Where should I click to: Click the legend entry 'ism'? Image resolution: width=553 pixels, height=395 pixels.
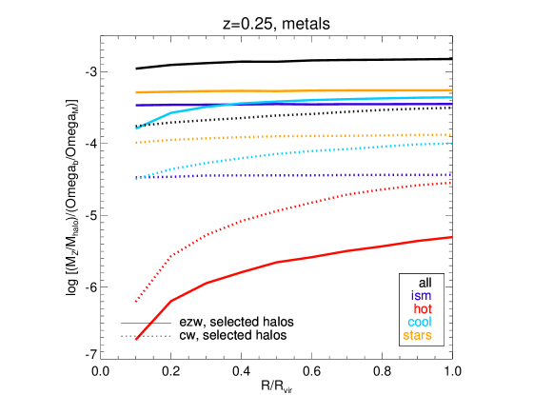pos(421,296)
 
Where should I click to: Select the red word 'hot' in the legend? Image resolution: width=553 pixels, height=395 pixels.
pos(423,309)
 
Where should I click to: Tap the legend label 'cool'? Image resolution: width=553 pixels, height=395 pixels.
pos(420,323)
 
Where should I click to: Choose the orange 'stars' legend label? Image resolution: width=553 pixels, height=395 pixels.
pos(418,335)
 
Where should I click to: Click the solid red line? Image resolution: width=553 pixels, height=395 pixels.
pos(314,256)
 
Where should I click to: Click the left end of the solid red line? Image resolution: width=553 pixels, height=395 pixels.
pos(136,339)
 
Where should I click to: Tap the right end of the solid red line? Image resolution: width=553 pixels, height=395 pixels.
pos(451,237)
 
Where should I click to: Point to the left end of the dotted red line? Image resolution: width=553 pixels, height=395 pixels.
pos(136,302)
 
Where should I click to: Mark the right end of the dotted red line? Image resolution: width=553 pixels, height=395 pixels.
pos(451,182)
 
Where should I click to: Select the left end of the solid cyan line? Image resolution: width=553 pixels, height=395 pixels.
pos(136,128)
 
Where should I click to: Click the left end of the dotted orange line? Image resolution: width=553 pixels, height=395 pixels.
pos(136,143)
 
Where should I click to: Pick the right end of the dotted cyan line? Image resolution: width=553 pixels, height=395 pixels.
pos(451,143)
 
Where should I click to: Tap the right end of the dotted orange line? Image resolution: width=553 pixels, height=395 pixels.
pos(451,134)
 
